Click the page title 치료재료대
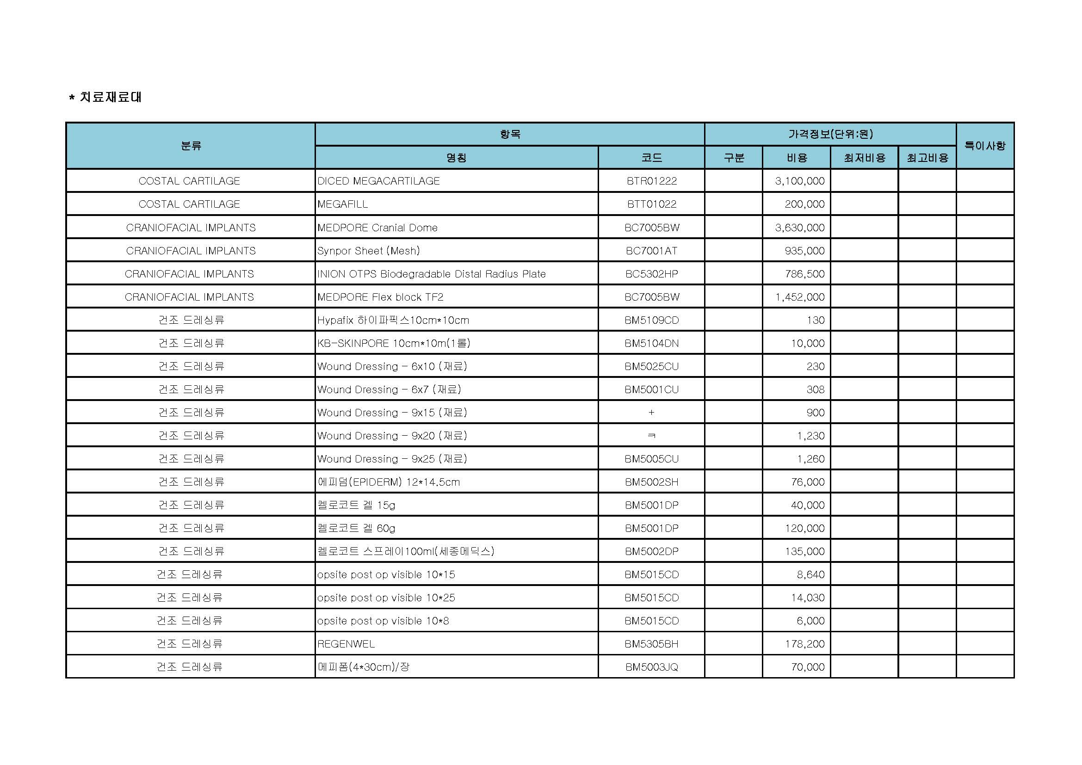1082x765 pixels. [x=110, y=97]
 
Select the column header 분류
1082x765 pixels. [x=191, y=146]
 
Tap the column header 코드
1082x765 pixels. [x=651, y=158]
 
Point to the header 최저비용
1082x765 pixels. [x=864, y=158]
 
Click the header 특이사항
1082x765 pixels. [x=985, y=146]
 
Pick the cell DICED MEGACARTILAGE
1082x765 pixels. [x=378, y=181]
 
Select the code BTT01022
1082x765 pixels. [x=651, y=204]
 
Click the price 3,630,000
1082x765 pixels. [x=800, y=228]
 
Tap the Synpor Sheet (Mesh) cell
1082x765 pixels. [x=369, y=251]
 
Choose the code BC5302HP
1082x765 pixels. [x=651, y=274]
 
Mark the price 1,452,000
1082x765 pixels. [x=800, y=297]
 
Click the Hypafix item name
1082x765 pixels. [x=393, y=321]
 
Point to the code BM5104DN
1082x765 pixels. [x=651, y=343]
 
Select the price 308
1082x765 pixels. [x=815, y=389]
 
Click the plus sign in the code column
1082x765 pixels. [x=651, y=413]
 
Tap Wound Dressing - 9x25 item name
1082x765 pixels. [x=392, y=459]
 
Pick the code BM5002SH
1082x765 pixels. [x=651, y=482]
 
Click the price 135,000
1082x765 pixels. [x=804, y=551]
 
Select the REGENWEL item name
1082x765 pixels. [x=346, y=644]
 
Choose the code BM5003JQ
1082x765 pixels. [x=651, y=667]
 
